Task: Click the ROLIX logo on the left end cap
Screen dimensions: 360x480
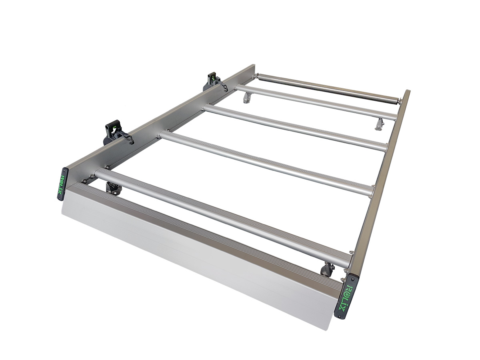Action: (62, 184)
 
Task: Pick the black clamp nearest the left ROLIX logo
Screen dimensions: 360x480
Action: (114, 132)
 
